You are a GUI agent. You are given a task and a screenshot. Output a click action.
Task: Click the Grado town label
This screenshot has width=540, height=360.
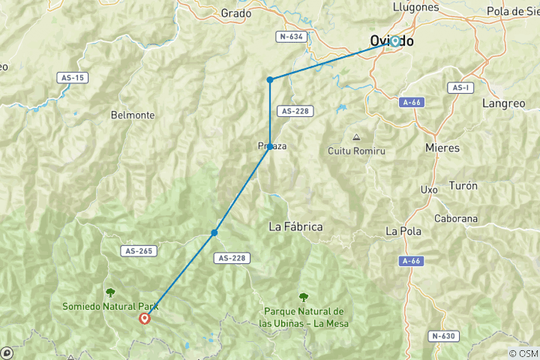(236, 13)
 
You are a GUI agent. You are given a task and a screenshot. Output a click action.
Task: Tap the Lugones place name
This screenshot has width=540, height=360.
(415, 7)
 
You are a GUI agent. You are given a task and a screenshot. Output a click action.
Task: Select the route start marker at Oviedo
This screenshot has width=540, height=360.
(394, 41)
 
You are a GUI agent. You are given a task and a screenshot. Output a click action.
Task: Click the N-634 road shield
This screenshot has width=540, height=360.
(291, 36)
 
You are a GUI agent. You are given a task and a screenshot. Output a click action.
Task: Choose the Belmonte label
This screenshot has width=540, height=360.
(132, 115)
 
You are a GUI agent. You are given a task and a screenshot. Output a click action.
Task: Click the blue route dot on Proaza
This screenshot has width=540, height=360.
(270, 146)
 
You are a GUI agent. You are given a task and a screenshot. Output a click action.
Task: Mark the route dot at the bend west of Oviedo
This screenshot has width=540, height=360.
(270, 79)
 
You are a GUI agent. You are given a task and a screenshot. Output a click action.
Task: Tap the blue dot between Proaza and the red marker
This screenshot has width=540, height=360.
(214, 232)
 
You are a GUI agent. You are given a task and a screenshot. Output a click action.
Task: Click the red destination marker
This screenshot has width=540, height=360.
(145, 318)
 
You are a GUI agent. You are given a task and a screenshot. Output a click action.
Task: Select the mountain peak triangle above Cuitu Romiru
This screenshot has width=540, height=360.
(356, 137)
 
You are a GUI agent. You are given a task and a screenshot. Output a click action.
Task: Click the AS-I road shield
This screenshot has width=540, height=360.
(461, 87)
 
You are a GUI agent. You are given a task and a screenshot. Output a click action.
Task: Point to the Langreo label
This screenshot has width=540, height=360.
(505, 103)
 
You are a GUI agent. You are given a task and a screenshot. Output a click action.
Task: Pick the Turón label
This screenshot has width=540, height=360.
(462, 184)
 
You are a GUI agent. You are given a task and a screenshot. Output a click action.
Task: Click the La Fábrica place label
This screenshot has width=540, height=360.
(295, 226)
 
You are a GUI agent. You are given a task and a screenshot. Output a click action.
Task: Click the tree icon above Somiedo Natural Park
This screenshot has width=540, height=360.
(111, 292)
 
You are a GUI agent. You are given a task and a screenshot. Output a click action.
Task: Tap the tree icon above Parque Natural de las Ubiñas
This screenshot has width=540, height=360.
(303, 297)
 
